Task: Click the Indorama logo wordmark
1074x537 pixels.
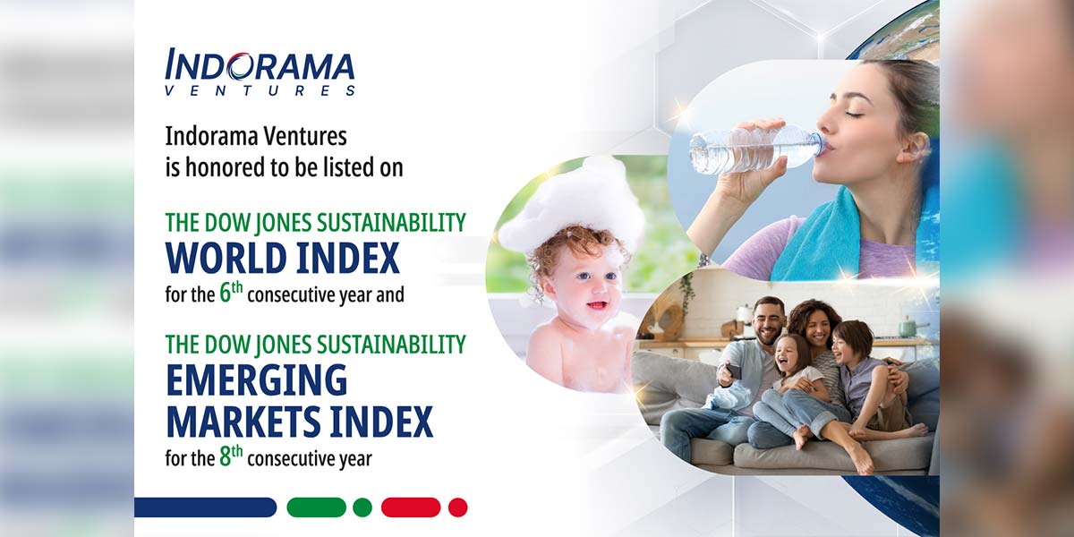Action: tap(260, 65)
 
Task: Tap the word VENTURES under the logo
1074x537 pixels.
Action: tap(260, 90)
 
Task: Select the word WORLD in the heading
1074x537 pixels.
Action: tap(226, 258)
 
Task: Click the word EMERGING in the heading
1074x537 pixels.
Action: tap(257, 379)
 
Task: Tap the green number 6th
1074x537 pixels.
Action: tap(231, 293)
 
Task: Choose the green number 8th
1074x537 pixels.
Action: tap(231, 456)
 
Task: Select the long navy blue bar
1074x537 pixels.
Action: tap(205, 507)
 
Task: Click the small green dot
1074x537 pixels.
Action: tap(362, 507)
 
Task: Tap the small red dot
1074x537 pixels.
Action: tap(458, 507)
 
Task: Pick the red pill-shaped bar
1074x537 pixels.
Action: tap(411, 507)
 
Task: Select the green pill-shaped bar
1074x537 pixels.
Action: tap(317, 507)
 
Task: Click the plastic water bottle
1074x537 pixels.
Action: tap(757, 148)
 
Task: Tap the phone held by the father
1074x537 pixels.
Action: tap(734, 371)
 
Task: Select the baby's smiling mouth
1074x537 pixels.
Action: tap(596, 305)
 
